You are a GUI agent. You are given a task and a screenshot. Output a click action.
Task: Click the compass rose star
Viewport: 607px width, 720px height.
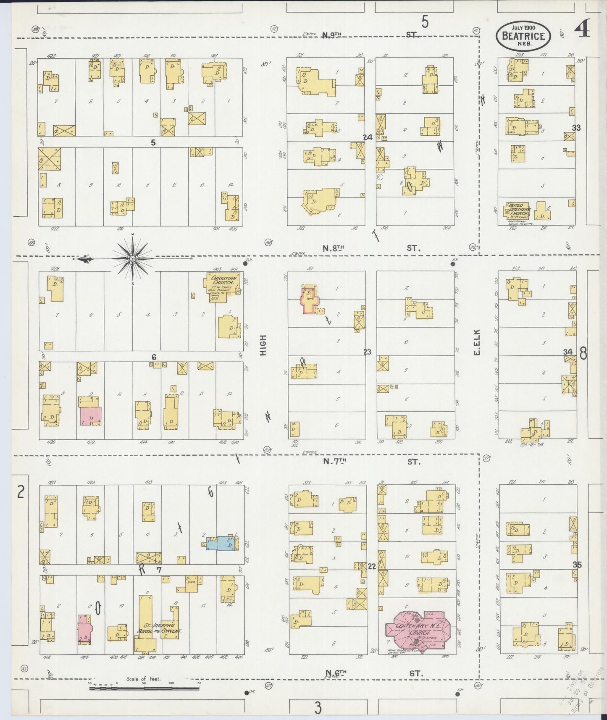133,258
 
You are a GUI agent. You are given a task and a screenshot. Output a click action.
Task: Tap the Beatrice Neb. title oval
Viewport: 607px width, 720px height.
523,36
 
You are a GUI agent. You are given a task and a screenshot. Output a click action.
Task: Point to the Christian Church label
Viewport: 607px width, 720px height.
224,281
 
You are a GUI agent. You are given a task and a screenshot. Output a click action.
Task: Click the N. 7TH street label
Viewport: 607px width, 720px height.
334,462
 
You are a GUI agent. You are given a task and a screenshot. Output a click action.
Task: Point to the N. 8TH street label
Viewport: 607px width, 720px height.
334,248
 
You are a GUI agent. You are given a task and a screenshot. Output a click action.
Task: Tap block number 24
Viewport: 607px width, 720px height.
368,137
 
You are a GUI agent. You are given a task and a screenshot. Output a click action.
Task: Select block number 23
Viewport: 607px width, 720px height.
368,352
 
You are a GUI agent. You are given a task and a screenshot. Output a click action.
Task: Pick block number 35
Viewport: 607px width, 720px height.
577,565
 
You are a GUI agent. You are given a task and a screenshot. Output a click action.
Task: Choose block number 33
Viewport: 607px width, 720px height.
576,128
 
